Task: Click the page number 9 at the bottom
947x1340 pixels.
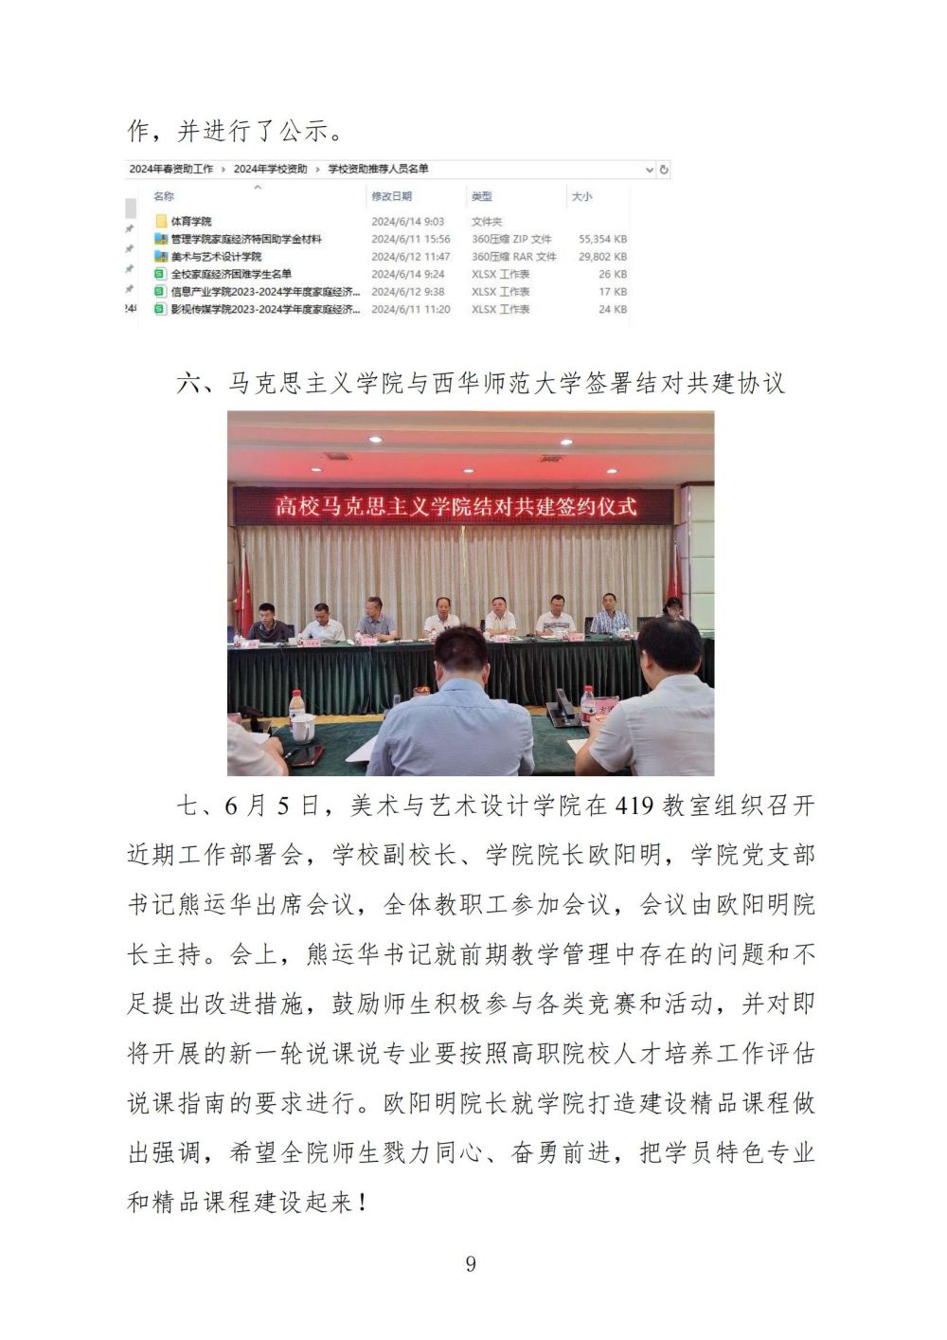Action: [471, 1263]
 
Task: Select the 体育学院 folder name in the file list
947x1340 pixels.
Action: [191, 221]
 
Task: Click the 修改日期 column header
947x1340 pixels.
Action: [391, 196]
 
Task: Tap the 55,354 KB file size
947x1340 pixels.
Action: [602, 239]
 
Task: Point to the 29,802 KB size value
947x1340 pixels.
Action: [602, 257]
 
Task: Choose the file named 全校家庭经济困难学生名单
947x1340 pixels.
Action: [231, 274]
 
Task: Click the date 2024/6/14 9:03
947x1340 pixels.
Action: [407, 221]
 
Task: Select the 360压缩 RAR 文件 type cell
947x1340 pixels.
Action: [513, 257]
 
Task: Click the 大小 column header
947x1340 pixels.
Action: [581, 196]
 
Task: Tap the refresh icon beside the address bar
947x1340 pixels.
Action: [664, 170]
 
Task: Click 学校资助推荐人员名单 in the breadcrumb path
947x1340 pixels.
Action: [379, 169]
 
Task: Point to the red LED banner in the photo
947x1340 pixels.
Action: [456, 505]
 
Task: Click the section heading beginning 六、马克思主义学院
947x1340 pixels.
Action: [480, 383]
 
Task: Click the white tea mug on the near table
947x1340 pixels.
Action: [301, 728]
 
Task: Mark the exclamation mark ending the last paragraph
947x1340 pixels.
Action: [363, 1203]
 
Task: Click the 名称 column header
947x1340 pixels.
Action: [164, 196]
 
